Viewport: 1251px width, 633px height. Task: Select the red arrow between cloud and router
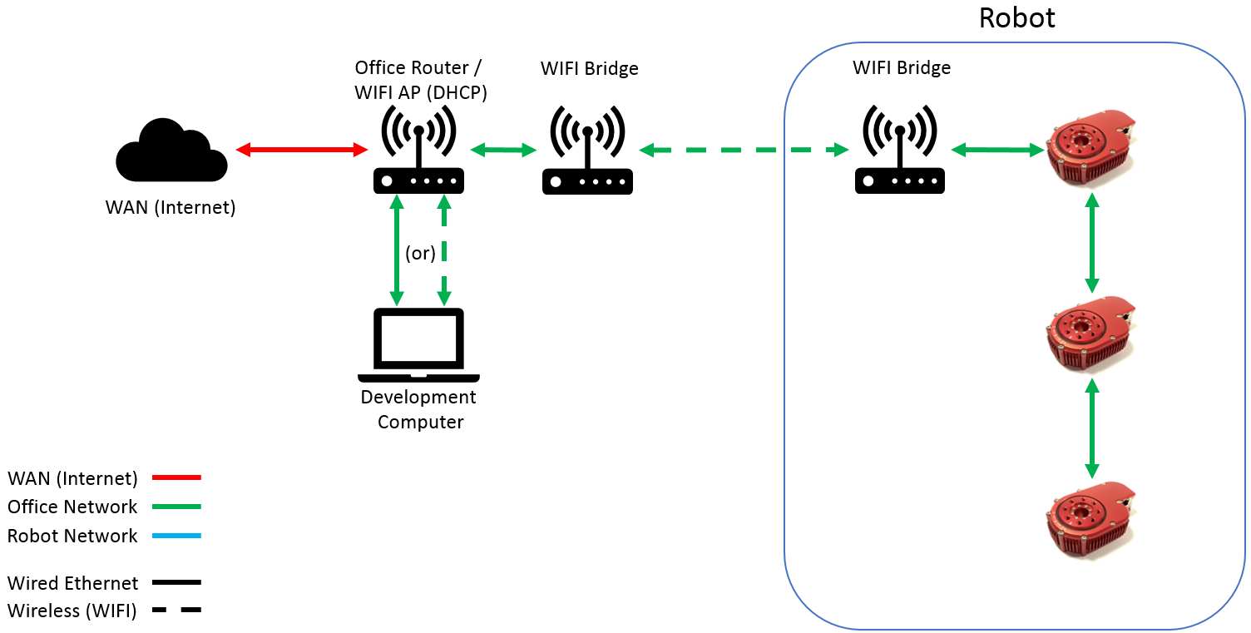(x=302, y=150)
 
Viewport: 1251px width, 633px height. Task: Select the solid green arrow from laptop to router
(x=397, y=250)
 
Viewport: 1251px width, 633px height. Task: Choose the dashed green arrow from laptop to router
(x=444, y=250)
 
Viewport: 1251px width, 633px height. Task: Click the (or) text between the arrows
(x=420, y=253)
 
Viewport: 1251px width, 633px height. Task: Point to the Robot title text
(x=1016, y=17)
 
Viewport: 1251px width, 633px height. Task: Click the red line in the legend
(x=176, y=478)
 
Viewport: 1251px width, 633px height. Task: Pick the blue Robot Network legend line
(x=176, y=537)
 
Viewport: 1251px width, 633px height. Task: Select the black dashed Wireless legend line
(x=176, y=611)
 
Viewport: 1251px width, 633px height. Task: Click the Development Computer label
(x=419, y=409)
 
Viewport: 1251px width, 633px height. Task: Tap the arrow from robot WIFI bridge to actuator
(x=997, y=151)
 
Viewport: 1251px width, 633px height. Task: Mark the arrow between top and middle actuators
(x=1092, y=242)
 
